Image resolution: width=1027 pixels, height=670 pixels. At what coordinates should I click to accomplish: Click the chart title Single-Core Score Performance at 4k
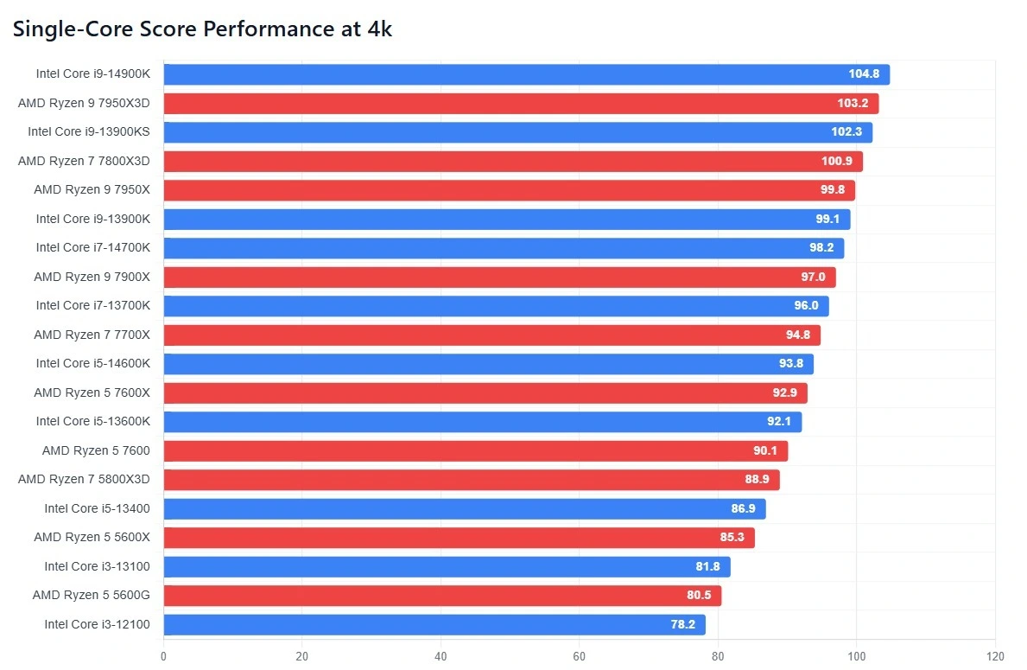(x=202, y=29)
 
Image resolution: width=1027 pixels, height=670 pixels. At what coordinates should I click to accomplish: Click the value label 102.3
(x=846, y=132)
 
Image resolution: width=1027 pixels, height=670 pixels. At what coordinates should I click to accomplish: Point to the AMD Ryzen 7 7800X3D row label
(x=84, y=161)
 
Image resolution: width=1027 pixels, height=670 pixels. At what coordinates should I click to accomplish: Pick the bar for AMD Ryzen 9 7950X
(x=509, y=190)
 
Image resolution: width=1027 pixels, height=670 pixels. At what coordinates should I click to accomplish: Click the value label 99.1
(x=827, y=220)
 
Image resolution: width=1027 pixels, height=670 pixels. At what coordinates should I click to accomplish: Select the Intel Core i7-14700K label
(x=92, y=248)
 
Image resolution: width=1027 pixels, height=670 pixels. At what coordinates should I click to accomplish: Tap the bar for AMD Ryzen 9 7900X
(x=499, y=278)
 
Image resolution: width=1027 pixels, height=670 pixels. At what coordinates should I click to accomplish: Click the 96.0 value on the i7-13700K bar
(x=806, y=306)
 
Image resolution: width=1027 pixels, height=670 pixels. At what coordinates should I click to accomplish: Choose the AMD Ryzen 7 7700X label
(x=92, y=335)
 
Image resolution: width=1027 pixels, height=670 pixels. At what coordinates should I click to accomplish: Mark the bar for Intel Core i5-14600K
(x=488, y=364)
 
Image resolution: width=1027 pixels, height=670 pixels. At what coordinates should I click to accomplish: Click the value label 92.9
(x=784, y=393)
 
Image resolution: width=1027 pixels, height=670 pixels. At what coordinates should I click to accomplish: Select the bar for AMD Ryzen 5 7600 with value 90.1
(x=475, y=451)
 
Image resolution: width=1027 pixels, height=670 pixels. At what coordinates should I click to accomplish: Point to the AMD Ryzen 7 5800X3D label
(x=84, y=479)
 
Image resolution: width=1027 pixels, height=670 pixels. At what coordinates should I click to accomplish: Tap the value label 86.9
(x=743, y=508)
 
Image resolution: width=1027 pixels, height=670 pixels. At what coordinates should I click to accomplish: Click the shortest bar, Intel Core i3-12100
(x=434, y=624)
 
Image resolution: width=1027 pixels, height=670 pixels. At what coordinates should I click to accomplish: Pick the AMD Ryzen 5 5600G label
(x=91, y=595)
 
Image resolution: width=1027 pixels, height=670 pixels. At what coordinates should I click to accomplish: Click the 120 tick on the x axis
(x=995, y=655)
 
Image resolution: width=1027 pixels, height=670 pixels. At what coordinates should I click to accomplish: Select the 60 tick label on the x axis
(x=579, y=655)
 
